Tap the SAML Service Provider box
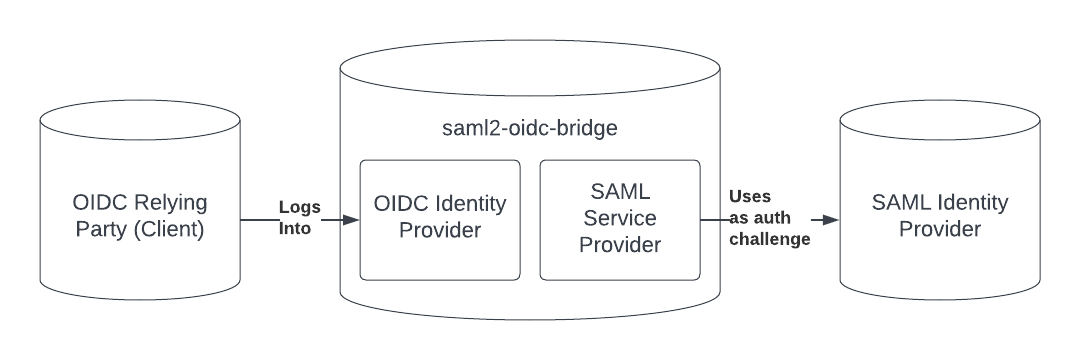(x=619, y=219)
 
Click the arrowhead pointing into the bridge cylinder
(x=351, y=219)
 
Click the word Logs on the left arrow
(x=300, y=207)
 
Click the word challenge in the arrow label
(x=767, y=240)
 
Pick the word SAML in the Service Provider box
(x=619, y=189)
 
